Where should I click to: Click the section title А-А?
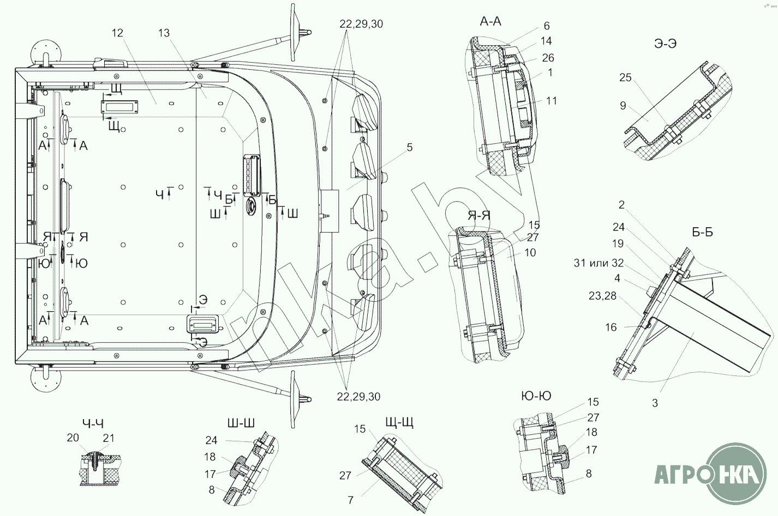[490, 22]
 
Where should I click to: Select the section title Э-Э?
[665, 44]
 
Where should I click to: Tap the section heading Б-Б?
[702, 232]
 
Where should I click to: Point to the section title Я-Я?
[479, 216]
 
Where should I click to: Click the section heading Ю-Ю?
[536, 396]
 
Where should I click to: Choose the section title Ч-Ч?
[93, 423]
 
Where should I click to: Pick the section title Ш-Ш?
[241, 423]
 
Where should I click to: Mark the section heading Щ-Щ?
[399, 423]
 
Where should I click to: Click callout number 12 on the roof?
[117, 33]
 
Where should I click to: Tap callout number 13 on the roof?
[164, 33]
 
